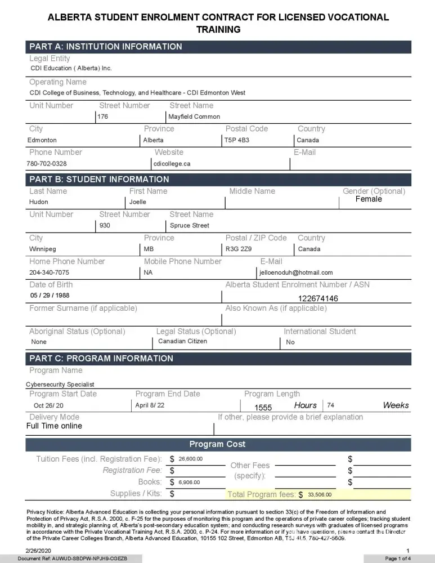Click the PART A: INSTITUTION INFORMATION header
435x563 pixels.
pos(106,47)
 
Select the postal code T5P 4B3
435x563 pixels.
pos(237,140)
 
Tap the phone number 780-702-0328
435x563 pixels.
pos(47,164)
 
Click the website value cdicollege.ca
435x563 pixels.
pos(172,164)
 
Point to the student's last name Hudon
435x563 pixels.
pos(39,202)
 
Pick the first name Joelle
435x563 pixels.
pos(138,202)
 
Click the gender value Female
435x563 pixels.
pos(369,199)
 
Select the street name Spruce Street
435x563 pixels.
pos(190,225)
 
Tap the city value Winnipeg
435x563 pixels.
pos(43,249)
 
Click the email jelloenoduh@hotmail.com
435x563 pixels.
pos(296,272)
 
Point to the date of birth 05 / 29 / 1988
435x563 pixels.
pos(50,295)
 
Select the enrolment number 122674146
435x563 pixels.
pos(318,298)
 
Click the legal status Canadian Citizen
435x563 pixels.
pos(182,341)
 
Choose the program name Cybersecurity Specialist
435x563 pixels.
pos(60,385)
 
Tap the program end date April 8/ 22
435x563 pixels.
pos(150,405)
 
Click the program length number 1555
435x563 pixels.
pos(263,408)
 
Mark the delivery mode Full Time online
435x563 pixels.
pos(54,426)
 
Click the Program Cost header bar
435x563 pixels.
pos(217,444)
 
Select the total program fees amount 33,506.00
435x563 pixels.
pos(320,495)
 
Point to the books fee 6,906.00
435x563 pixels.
pos(189,482)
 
